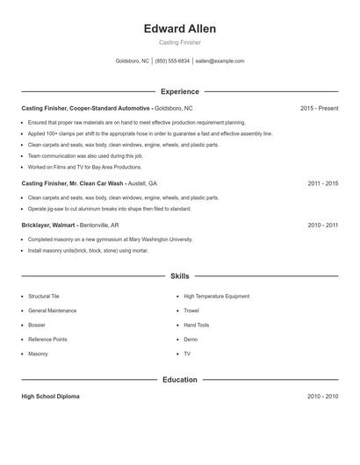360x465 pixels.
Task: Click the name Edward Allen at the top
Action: [x=179, y=29]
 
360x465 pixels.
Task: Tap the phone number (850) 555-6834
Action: [x=173, y=61]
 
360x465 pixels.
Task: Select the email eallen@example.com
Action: [x=220, y=61]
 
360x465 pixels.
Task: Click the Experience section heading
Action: [x=179, y=91]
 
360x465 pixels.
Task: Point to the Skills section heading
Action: [x=179, y=275]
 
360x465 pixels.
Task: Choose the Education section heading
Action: [x=179, y=380]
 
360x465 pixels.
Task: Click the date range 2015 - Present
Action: [x=319, y=108]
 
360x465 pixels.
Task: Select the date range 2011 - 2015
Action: [x=322, y=183]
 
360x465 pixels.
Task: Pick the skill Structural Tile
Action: [x=44, y=297]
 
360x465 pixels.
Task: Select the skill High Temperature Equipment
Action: [x=216, y=297]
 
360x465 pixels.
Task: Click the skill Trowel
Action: [x=191, y=311]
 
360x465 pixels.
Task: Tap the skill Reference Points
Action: [x=47, y=339]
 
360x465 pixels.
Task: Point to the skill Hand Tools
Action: [x=197, y=325]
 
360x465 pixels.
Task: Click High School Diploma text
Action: [x=50, y=397]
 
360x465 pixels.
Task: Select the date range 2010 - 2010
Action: [x=322, y=397]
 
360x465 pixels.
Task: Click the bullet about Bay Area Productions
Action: [x=84, y=167]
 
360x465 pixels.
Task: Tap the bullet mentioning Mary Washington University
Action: [x=110, y=239]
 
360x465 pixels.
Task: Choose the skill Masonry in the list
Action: [x=38, y=354]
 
